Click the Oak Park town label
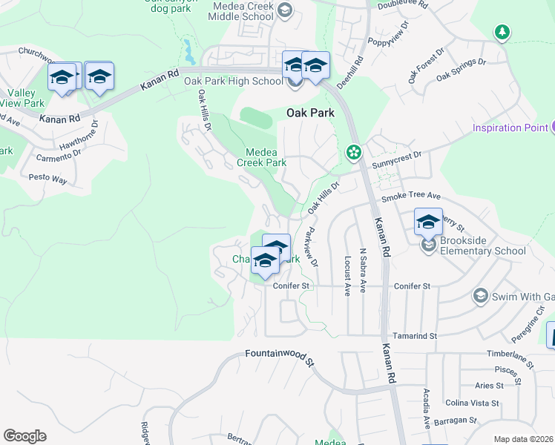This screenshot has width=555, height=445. [x=310, y=113]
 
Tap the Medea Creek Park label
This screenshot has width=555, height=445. [x=261, y=156]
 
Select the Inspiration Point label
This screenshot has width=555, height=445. [x=511, y=128]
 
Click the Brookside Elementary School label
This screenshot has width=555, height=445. [x=482, y=245]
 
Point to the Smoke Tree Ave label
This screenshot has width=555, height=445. [x=411, y=197]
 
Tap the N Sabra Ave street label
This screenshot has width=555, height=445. [x=363, y=270]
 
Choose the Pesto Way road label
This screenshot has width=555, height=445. [x=47, y=179]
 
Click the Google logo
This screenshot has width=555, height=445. [x=24, y=436]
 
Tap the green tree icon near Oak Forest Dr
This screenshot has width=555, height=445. [x=502, y=32]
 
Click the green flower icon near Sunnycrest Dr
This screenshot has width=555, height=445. [x=353, y=153]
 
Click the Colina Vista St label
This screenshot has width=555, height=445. [x=472, y=403]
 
